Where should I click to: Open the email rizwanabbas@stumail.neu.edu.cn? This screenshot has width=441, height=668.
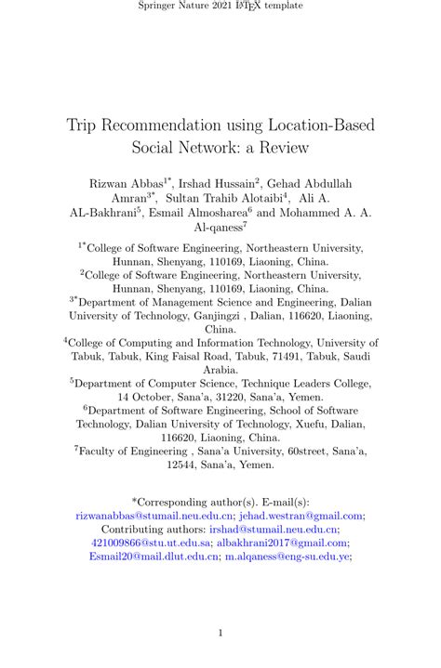[x=154, y=516]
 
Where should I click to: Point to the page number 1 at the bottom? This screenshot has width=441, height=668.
[x=220, y=634]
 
